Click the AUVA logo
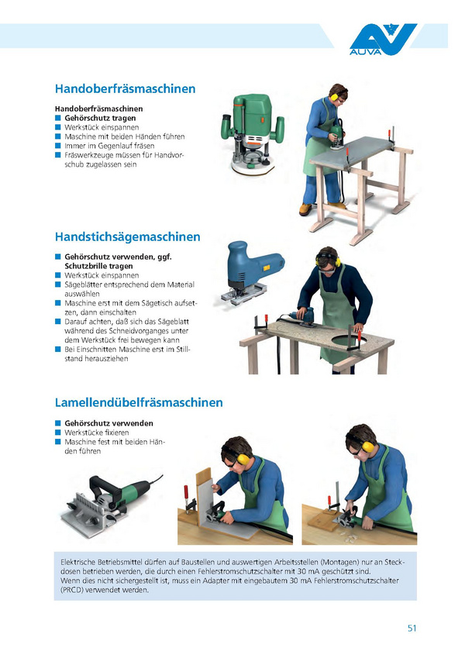pos(383,40)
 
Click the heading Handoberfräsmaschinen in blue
pos(125,88)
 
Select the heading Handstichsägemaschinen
pos(128,236)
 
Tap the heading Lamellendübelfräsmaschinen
pos(139,402)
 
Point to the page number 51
pos(412,628)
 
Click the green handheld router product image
pos(253,134)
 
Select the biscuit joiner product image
pos(112,506)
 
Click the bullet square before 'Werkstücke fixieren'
pos(58,433)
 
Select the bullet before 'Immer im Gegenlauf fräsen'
pos(58,146)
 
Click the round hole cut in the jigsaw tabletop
pos(348,340)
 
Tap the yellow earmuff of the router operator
pos(334,97)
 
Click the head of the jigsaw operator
pos(327,259)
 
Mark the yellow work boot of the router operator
pos(305,209)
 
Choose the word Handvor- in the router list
pos(169,155)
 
